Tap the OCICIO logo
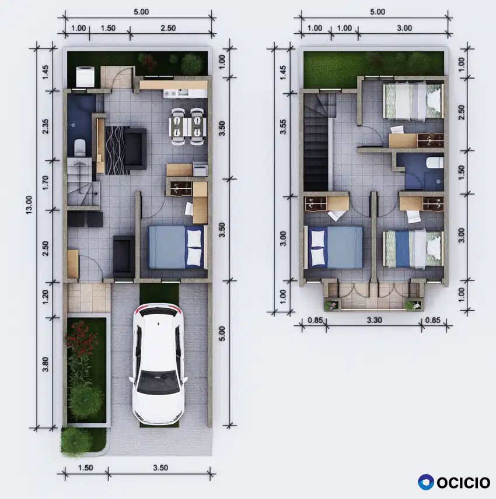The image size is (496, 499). pyautogui.click(x=454, y=482)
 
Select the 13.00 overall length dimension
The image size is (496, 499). pyautogui.click(x=29, y=205)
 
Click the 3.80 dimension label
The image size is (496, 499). pyautogui.click(x=46, y=364)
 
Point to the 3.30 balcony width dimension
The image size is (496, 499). pyautogui.click(x=374, y=320)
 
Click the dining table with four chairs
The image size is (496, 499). pyautogui.click(x=188, y=126)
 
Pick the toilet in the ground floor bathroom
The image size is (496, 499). pyautogui.click(x=79, y=147)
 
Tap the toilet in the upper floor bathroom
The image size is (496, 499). pyautogui.click(x=435, y=163)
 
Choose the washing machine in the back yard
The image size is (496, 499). pyautogui.click(x=85, y=76)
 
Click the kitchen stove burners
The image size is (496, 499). pyautogui.click(x=170, y=93)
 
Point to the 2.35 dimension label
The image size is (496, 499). pyautogui.click(x=46, y=126)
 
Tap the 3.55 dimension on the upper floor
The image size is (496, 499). pyautogui.click(x=282, y=126)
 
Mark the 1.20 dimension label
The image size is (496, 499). pyautogui.click(x=46, y=297)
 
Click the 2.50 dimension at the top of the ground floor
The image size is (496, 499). pyautogui.click(x=168, y=28)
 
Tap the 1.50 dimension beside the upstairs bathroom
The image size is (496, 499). pyautogui.click(x=461, y=172)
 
